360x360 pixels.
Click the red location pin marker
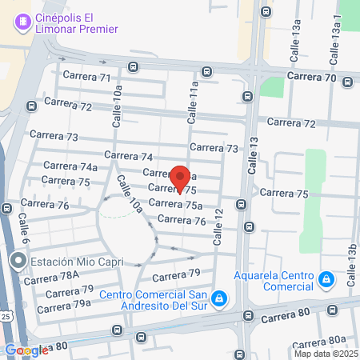pyautogui.click(x=181, y=177)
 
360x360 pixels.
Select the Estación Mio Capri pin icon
pyautogui.click(x=18, y=261)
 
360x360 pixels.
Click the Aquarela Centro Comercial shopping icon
pyautogui.click(x=325, y=279)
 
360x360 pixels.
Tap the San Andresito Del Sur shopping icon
pyautogui.click(x=219, y=301)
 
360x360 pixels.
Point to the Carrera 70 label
pyautogui.click(x=313, y=76)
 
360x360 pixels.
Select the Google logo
pyautogui.click(x=26, y=350)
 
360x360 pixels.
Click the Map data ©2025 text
pyautogui.click(x=326, y=354)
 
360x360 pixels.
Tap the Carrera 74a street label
pyautogui.click(x=70, y=166)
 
